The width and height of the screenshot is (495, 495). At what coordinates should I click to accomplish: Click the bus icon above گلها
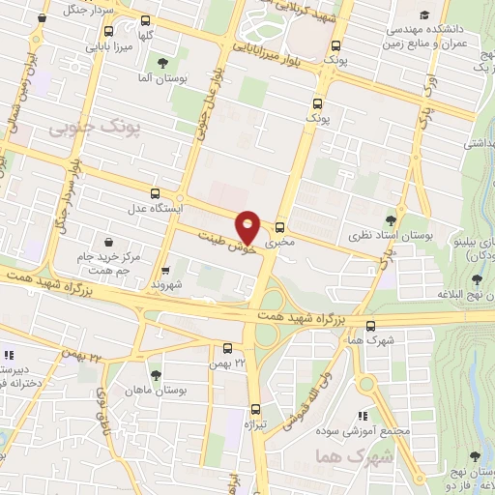145,20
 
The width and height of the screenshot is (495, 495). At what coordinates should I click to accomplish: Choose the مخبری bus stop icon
279,218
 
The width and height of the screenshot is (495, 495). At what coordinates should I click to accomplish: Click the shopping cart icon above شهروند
166,271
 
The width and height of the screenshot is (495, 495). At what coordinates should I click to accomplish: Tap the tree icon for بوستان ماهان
155,372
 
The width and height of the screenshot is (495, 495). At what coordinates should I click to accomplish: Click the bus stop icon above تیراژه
254,408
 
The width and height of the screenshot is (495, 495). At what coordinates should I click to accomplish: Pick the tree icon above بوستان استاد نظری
391,220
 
